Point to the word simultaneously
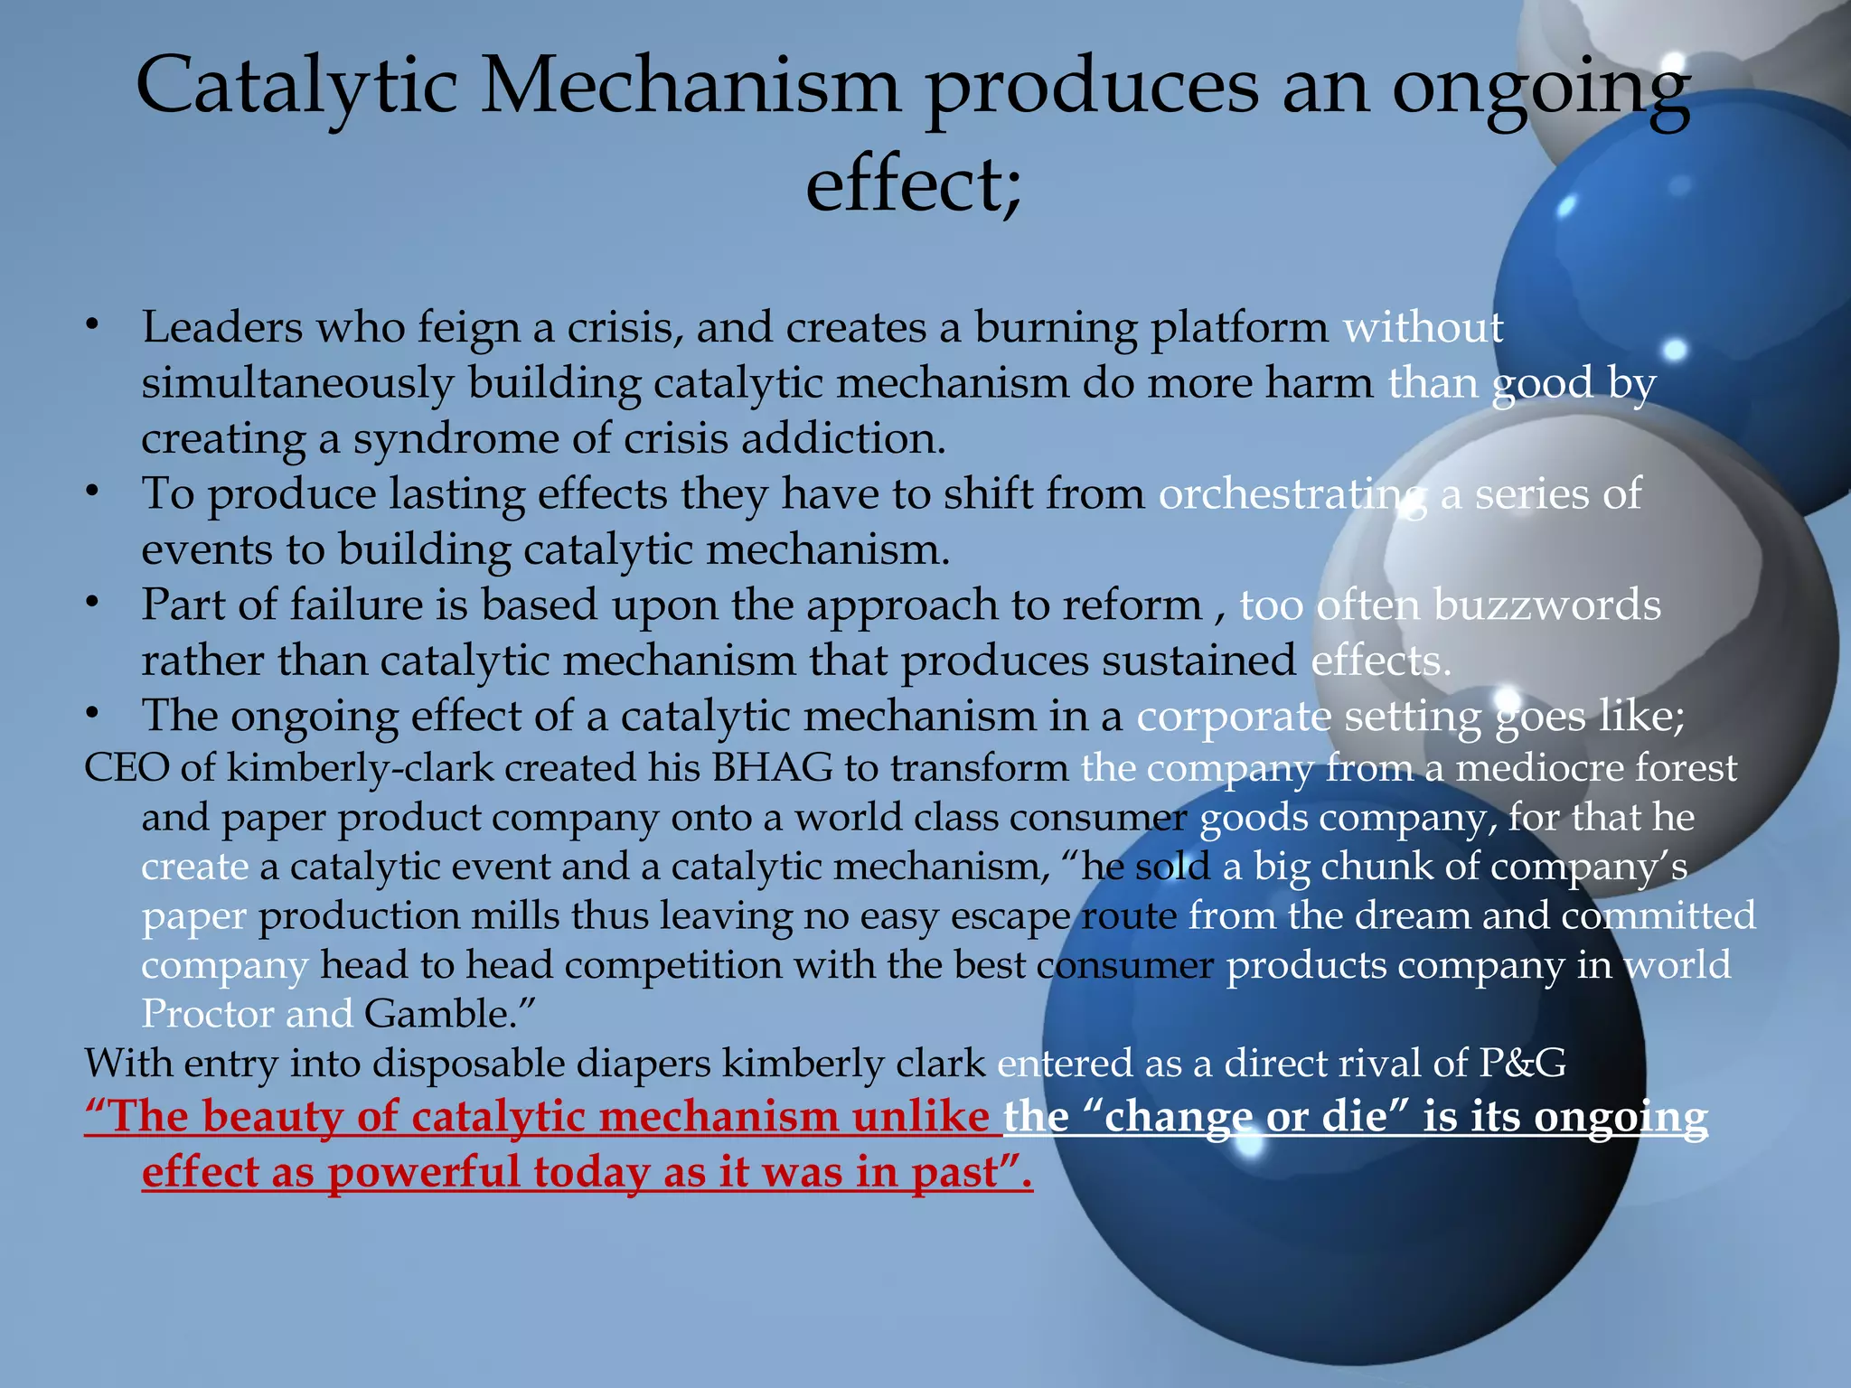(x=297, y=384)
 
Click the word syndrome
(x=455, y=440)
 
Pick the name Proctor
(x=207, y=1014)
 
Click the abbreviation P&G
(x=1522, y=1064)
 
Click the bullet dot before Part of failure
(x=91, y=603)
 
